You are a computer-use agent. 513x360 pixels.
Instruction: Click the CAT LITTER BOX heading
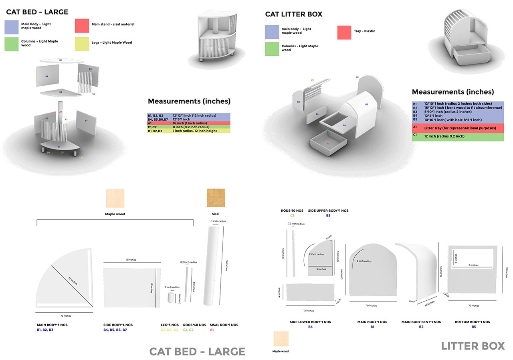(x=293, y=14)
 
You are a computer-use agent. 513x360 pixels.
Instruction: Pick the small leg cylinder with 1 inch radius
(x=171, y=298)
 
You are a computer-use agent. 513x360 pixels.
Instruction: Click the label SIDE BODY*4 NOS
(x=118, y=325)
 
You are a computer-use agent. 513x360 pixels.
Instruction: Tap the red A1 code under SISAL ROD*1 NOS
(x=212, y=330)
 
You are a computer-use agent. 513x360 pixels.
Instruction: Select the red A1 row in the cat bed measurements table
(x=189, y=123)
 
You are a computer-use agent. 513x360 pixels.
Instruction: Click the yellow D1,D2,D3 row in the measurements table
(x=189, y=131)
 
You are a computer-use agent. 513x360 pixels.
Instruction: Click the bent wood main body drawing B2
(x=417, y=273)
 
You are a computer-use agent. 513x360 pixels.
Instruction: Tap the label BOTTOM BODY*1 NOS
(x=472, y=322)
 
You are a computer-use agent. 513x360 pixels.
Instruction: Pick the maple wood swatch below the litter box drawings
(x=281, y=339)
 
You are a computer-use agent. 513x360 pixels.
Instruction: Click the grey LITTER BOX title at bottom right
(x=473, y=346)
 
